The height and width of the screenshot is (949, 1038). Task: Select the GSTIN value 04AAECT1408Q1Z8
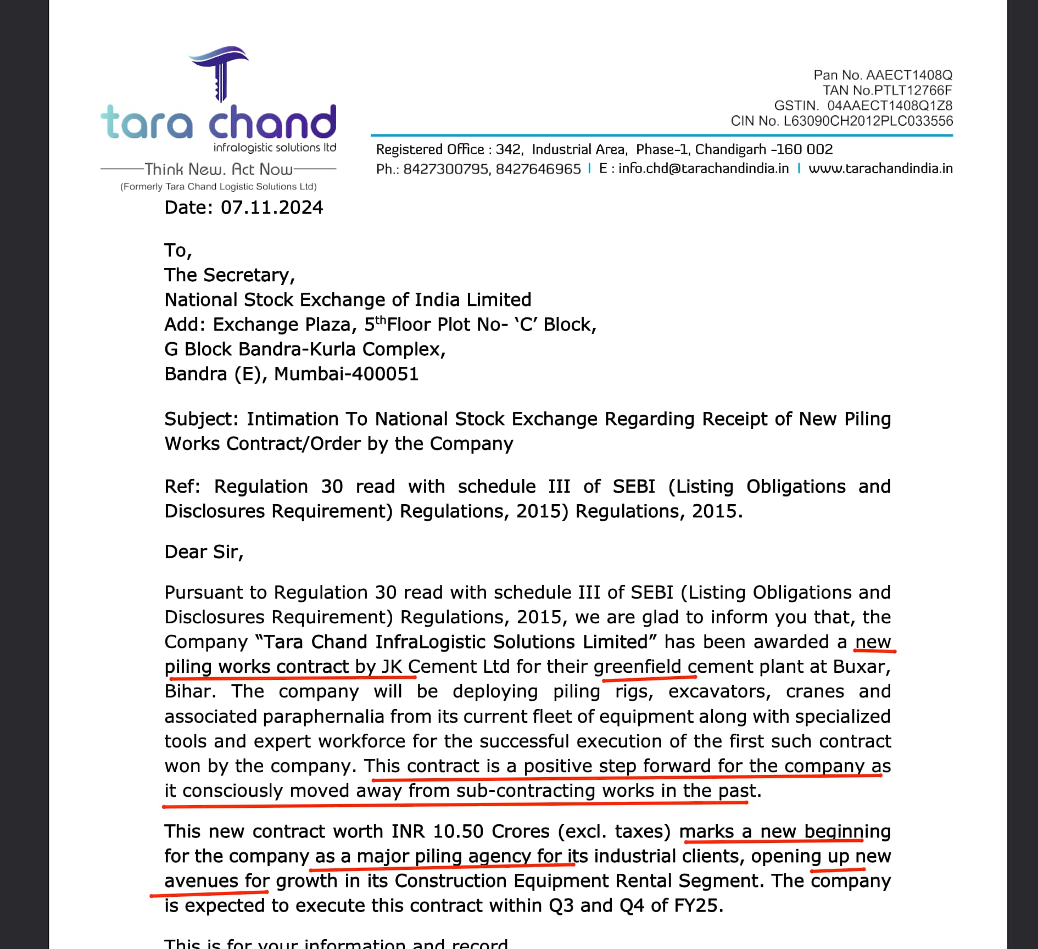point(890,105)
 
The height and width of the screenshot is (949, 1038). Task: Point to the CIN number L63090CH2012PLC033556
point(868,121)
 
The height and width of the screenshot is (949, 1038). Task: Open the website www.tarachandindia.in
point(880,169)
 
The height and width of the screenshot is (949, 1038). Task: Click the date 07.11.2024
point(272,208)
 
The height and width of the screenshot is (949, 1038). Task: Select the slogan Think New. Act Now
point(218,169)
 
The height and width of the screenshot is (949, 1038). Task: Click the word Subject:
point(202,420)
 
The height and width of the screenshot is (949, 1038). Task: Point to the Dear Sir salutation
point(203,552)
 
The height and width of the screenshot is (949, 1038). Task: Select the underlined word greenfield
point(637,667)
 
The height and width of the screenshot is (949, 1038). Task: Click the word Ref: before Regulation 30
point(182,487)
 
